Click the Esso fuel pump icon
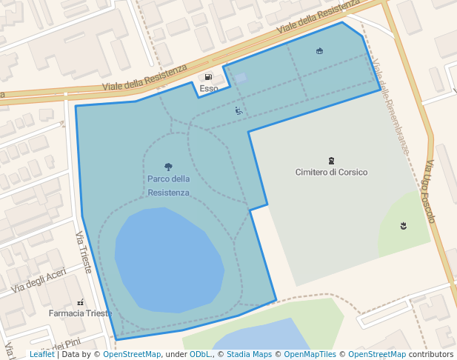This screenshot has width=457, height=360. coord(208,77)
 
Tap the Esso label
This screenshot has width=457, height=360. coord(209,89)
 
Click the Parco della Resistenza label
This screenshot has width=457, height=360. coord(168,186)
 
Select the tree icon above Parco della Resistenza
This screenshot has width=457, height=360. coord(168,167)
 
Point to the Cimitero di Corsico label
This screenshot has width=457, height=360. coord(331,172)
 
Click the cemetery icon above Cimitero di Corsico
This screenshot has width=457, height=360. coord(331,160)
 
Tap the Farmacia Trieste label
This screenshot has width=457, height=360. coord(80,313)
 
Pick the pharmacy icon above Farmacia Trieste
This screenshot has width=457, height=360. coord(80,302)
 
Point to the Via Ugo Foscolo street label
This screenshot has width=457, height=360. coord(430,192)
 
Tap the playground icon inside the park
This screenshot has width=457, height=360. coord(238,111)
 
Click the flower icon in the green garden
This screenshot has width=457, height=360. coord(403,224)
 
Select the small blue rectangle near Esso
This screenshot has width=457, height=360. coord(241,77)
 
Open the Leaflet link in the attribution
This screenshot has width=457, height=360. coord(41,355)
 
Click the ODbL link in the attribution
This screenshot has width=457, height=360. coord(200,355)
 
